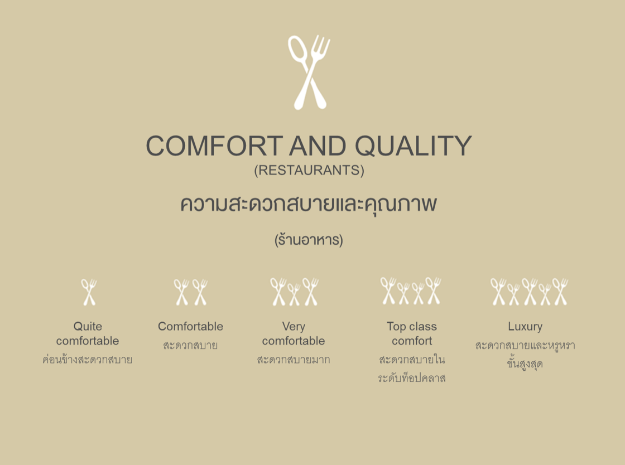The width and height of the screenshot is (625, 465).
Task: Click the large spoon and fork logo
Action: pyautogui.click(x=309, y=72)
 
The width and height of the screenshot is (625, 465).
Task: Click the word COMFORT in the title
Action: pyautogui.click(x=214, y=146)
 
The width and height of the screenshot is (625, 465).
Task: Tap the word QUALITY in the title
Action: pyautogui.click(x=413, y=146)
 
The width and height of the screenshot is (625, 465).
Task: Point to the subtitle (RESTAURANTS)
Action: pyautogui.click(x=309, y=170)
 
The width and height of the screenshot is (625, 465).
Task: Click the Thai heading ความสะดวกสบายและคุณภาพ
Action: pyautogui.click(x=309, y=205)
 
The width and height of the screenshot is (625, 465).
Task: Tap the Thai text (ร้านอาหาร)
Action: pyautogui.click(x=309, y=240)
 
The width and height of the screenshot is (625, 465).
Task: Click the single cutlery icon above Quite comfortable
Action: pyautogui.click(x=89, y=292)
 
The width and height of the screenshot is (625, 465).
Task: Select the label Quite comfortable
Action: pyautogui.click(x=88, y=333)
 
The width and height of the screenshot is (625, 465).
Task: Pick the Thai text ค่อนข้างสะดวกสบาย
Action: pyautogui.click(x=88, y=360)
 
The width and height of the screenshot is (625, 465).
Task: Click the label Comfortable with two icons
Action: pyautogui.click(x=190, y=326)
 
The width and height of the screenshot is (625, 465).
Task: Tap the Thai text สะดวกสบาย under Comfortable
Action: pyautogui.click(x=190, y=346)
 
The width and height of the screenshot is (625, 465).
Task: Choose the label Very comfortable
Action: pyautogui.click(x=294, y=333)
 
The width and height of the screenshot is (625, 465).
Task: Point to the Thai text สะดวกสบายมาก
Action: pyautogui.click(x=294, y=360)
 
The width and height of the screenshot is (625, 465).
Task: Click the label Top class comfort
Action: pyautogui.click(x=412, y=333)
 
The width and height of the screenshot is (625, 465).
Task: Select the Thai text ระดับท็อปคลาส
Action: pyautogui.click(x=412, y=379)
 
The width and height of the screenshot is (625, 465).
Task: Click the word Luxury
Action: pyautogui.click(x=525, y=326)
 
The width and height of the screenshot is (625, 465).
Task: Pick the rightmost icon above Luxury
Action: pyautogui.click(x=560, y=292)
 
